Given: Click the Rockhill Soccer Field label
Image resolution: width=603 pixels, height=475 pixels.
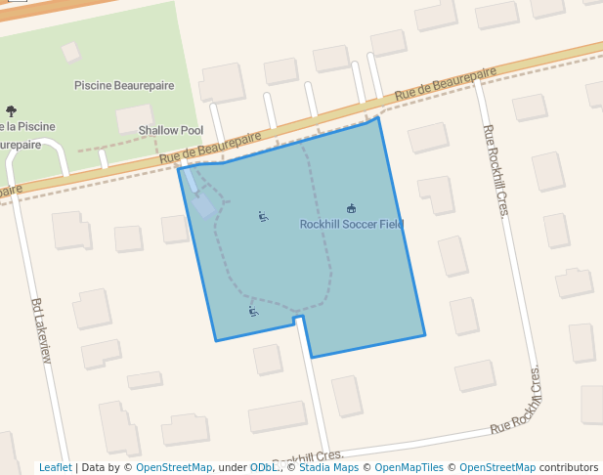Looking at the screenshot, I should click(351, 225).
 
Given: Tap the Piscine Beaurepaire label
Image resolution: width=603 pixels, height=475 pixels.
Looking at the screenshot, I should click(124, 86).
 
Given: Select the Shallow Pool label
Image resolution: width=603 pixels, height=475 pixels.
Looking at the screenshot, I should click(171, 130).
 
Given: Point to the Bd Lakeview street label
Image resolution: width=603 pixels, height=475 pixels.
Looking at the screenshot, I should click(41, 331).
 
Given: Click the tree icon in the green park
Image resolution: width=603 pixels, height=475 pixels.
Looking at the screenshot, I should click(11, 111).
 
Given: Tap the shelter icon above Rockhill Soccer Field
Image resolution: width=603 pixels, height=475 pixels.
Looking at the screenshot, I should click(352, 208).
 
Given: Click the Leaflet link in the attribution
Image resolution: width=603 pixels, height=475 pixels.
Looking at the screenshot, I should click(55, 467).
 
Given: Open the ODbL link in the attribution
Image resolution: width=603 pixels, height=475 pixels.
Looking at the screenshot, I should click(265, 467).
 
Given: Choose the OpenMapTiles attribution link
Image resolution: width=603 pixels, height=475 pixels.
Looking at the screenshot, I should click(409, 467).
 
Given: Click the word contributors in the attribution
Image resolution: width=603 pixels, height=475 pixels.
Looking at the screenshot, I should click(569, 467).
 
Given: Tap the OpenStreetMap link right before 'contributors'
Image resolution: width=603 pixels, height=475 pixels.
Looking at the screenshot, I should click(497, 467).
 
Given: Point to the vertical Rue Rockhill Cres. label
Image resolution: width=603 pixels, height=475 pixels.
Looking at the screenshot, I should click(493, 171).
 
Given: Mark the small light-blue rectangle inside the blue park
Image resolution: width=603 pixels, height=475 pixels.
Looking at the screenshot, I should click(204, 205).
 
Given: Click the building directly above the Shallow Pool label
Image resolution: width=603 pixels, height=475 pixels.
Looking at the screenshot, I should click(134, 117).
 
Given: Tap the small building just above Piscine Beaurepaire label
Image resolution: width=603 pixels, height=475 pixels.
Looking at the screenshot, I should click(70, 51).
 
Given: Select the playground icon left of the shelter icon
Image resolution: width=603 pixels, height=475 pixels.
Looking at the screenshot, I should click(263, 217).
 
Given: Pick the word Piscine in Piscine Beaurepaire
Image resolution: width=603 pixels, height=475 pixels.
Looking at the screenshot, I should click(93, 86).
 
